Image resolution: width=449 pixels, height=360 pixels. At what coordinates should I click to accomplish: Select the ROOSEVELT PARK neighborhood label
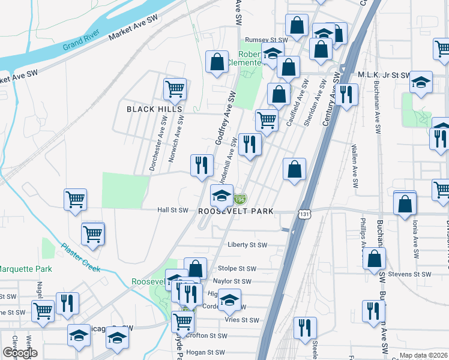click(x=236, y=211)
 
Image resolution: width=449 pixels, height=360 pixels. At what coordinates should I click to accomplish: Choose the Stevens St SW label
click(x=411, y=274)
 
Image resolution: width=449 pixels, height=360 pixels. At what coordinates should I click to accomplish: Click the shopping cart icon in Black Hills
click(x=175, y=89)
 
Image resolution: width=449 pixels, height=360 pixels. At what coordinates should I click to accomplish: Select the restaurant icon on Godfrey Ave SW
click(x=202, y=164)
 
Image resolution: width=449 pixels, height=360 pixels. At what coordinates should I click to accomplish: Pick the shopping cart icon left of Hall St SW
click(x=76, y=199)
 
